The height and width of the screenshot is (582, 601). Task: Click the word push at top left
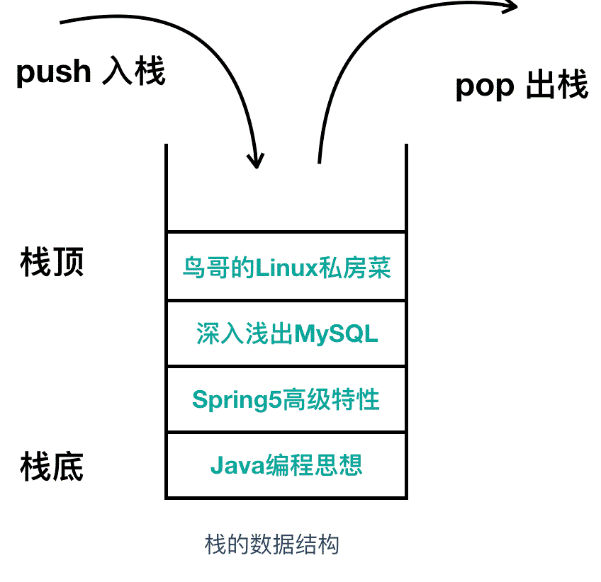(x=53, y=72)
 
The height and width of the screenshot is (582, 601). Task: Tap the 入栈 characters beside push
(x=135, y=72)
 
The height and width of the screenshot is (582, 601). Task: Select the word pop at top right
(x=484, y=86)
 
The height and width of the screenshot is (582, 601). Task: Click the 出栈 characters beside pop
(x=557, y=86)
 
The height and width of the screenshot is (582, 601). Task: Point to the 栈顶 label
(x=52, y=262)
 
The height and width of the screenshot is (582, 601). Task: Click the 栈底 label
(x=52, y=467)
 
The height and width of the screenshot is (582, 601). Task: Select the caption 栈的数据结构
(x=272, y=544)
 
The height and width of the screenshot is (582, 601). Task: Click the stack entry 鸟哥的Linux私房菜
(x=286, y=268)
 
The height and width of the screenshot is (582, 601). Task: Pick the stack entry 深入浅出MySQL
(x=286, y=333)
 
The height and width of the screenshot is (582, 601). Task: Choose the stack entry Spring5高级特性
(x=286, y=400)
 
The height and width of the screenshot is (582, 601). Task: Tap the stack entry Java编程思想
(x=286, y=465)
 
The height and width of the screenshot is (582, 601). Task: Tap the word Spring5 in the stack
(x=237, y=401)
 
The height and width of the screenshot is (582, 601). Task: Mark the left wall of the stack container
(x=166, y=319)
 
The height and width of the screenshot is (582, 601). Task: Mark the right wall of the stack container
(x=407, y=319)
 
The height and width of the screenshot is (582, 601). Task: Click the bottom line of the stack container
(x=286, y=498)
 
